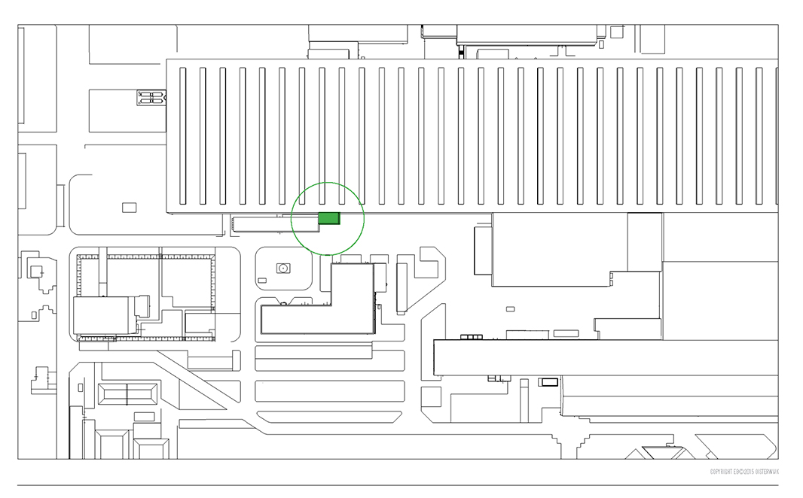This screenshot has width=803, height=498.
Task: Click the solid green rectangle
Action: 329,218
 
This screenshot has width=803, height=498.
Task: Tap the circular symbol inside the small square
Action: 284,268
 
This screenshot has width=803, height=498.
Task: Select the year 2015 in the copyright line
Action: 747,472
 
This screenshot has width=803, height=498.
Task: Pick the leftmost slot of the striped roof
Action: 183,135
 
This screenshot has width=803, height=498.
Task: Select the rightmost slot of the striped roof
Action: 776,135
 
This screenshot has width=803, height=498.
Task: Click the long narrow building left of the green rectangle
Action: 275,223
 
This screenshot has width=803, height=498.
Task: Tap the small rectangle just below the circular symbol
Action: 262,281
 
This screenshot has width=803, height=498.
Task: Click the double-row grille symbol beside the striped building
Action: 151,97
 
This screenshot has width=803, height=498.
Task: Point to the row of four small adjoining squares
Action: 471,337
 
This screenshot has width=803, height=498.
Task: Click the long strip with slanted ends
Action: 330,417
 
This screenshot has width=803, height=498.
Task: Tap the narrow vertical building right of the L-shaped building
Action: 401,287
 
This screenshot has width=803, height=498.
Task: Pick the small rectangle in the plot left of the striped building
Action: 129,207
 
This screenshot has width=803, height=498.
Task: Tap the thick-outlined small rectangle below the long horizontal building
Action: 549,382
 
